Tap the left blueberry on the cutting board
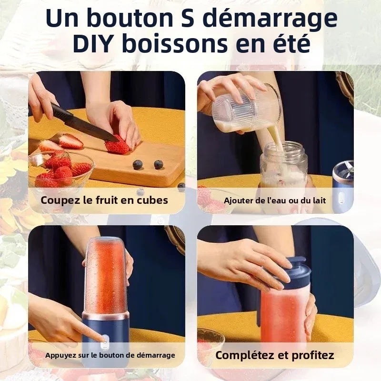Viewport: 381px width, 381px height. (x=138, y=165)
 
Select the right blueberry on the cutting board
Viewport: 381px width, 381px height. (x=158, y=164)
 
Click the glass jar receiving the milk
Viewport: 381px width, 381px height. (x=283, y=164)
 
